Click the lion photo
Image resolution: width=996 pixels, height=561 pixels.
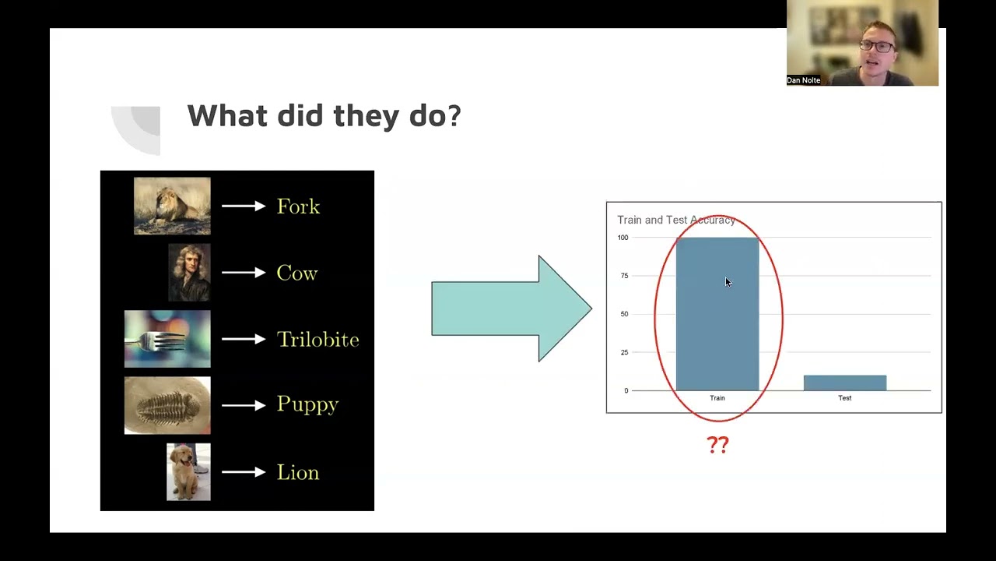172,206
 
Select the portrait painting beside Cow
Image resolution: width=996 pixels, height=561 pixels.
189,273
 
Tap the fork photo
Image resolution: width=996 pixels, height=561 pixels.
167,339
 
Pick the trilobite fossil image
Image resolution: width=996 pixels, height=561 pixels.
167,405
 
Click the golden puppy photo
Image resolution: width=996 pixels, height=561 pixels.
188,471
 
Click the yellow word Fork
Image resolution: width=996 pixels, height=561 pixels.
298,206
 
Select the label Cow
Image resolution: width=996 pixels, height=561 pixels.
297,273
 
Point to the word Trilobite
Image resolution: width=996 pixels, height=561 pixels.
317,340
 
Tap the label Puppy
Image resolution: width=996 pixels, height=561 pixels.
307,405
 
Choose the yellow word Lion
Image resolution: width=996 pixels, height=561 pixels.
298,473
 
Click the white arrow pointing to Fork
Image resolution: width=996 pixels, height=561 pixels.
243,206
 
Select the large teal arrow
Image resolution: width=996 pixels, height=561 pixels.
510,309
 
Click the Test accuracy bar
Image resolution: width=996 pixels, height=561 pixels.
844,383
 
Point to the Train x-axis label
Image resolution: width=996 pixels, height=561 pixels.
717,398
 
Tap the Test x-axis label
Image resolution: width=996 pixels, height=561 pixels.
844,398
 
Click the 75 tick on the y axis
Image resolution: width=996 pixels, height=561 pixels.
624,276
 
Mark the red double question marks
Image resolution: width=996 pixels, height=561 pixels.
717,445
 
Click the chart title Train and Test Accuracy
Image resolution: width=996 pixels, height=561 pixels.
675,221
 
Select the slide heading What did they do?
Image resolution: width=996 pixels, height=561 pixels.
324,116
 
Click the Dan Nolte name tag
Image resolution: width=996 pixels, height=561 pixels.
804,80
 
